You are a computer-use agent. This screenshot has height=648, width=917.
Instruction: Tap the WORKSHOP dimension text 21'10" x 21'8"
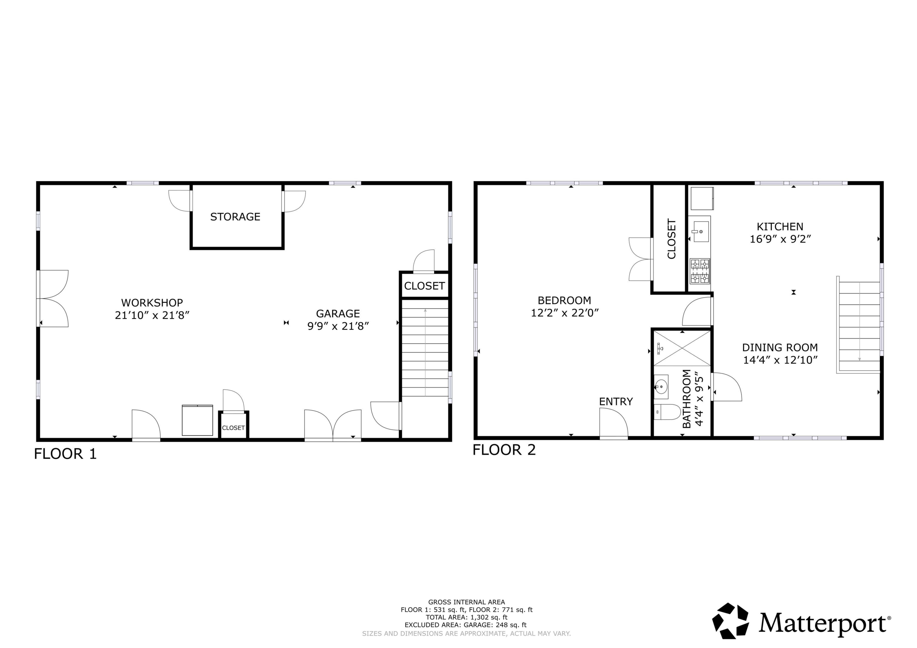(152, 315)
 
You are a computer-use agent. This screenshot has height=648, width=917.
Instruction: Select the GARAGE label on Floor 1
(338, 313)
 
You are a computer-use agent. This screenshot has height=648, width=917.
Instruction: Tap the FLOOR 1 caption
(65, 454)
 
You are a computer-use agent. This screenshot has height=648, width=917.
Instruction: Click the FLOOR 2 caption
(504, 450)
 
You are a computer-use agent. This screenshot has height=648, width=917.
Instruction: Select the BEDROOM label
(564, 300)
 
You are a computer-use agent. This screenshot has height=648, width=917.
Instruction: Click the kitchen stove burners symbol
(700, 271)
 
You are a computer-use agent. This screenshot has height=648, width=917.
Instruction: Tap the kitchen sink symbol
(701, 232)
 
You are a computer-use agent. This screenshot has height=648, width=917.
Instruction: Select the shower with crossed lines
(682, 348)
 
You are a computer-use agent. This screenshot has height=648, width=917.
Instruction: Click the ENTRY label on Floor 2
(616, 402)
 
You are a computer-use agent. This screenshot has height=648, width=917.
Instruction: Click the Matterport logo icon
(731, 621)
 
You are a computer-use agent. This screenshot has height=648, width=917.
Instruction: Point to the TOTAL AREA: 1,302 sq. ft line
(466, 617)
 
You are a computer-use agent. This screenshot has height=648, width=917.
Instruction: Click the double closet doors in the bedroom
(640, 259)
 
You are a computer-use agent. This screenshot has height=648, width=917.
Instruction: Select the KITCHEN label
(780, 227)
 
